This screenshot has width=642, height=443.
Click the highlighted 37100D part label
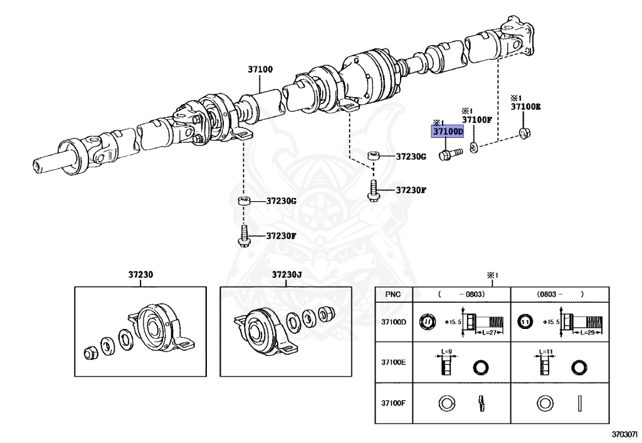(x=446, y=132)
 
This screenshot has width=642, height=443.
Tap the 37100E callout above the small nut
(x=525, y=107)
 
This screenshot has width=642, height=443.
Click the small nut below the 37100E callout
(x=524, y=132)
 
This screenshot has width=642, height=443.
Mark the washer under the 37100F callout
(x=474, y=147)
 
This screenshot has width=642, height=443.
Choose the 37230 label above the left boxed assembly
(x=140, y=275)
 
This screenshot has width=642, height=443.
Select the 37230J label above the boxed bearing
(x=287, y=275)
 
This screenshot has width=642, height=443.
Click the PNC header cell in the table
(x=392, y=294)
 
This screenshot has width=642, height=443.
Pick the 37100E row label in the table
(x=394, y=362)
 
